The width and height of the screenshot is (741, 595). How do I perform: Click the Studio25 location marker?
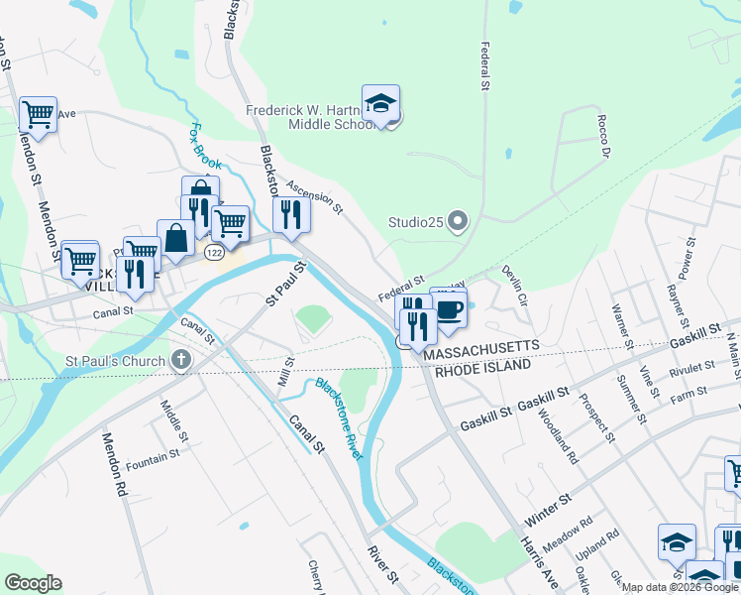(x=457, y=219)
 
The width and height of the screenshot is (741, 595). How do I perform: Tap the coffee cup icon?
(x=449, y=308)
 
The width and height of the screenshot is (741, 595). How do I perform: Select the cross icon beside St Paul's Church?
(x=181, y=358)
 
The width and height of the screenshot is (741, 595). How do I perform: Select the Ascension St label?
(x=314, y=196)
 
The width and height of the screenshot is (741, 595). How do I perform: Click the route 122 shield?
(x=213, y=254)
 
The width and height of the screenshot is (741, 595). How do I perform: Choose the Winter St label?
(x=550, y=509)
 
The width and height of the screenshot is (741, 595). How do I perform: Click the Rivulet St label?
(x=691, y=368)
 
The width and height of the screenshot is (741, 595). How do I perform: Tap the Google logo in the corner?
(x=33, y=582)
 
